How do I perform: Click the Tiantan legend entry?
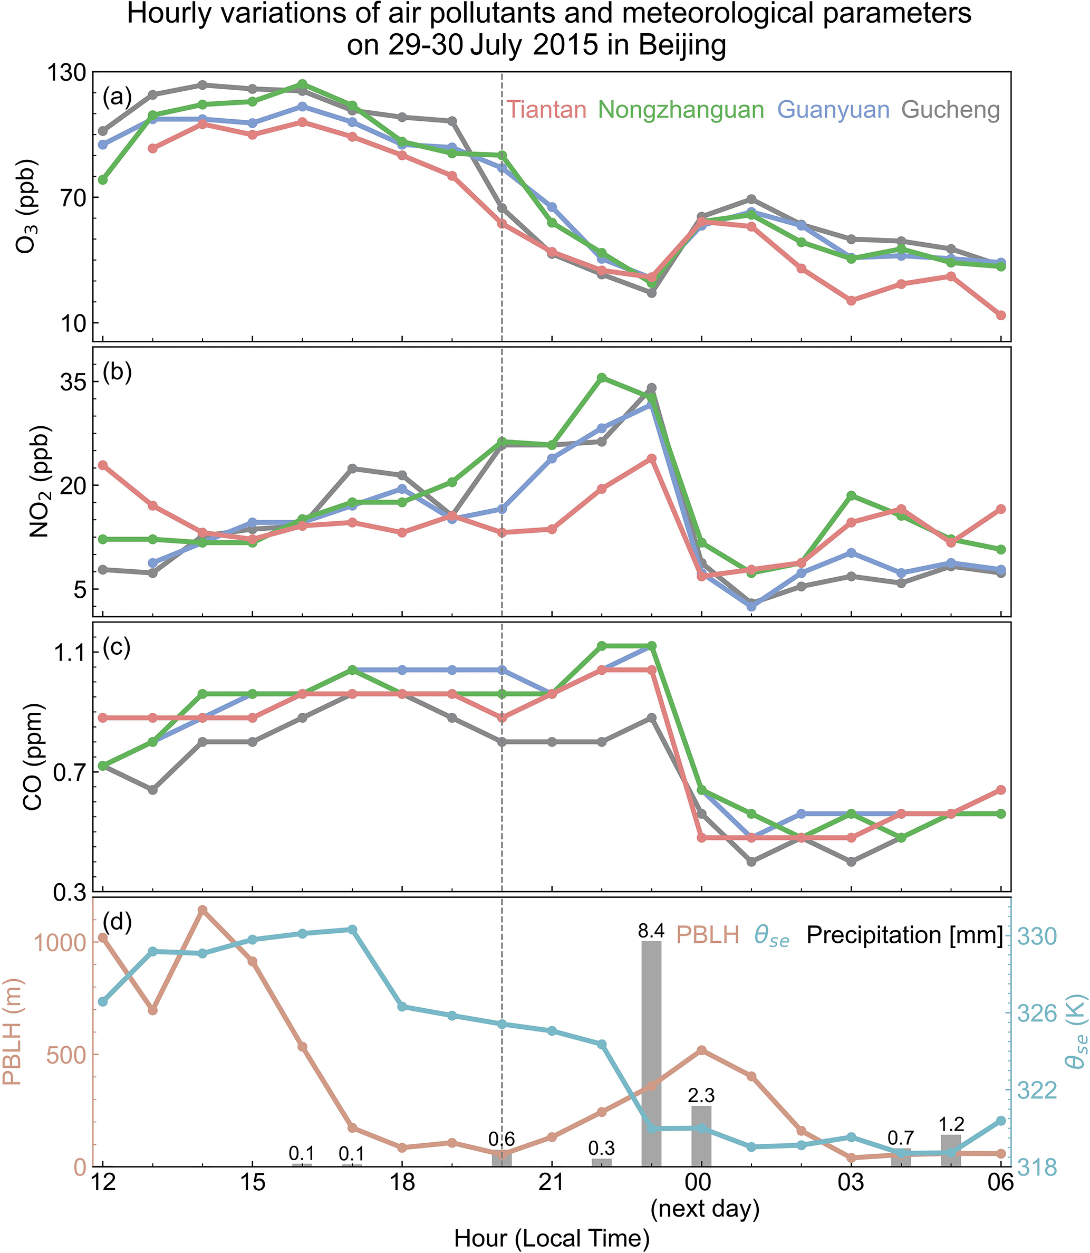pos(546,110)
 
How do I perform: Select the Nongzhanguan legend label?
pos(681,110)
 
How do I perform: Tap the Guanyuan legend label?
pos(833,110)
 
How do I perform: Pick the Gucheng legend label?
pos(951,110)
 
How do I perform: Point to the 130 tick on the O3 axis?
pos(66,72)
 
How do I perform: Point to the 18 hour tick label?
pos(402,1182)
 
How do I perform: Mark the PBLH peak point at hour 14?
pos(202,910)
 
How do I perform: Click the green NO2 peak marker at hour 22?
pos(602,378)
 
